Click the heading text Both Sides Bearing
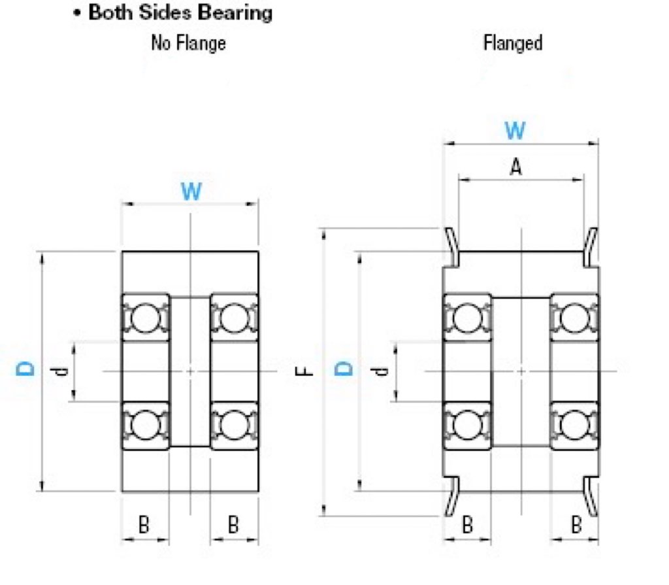click(180, 13)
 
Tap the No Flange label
click(188, 44)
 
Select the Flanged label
click(513, 44)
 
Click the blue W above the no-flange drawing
click(191, 192)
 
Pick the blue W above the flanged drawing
click(515, 131)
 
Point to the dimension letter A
click(515, 168)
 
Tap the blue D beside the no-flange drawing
click(25, 370)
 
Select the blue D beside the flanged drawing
click(344, 369)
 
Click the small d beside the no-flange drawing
click(61, 371)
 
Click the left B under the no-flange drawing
click(144, 524)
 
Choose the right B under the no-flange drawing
click(233, 524)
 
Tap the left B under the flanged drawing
click(467, 524)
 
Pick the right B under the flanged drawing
click(576, 524)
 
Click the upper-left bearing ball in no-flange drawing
click(144, 318)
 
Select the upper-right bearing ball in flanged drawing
click(574, 318)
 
